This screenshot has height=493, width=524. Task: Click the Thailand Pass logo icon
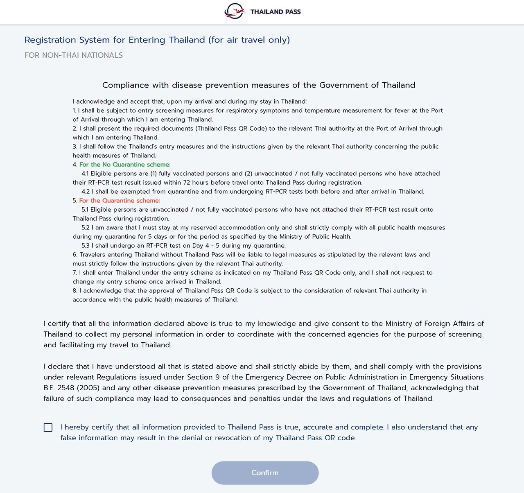pyautogui.click(x=235, y=11)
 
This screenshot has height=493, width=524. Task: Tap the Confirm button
pyautogui.click(x=265, y=473)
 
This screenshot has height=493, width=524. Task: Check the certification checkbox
pyautogui.click(x=48, y=427)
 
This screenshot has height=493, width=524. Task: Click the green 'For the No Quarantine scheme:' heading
pyautogui.click(x=125, y=165)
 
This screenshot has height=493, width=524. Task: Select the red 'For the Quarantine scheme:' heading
pyautogui.click(x=120, y=201)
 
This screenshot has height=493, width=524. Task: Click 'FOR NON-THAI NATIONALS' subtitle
pyautogui.click(x=74, y=55)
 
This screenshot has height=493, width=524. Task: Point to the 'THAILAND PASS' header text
pyautogui.click(x=276, y=12)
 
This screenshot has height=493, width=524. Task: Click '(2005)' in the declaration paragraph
pyautogui.click(x=88, y=388)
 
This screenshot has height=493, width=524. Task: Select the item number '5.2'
pyautogui.click(x=86, y=228)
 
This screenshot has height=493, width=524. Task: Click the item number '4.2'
pyautogui.click(x=86, y=192)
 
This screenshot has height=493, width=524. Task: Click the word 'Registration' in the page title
pyautogui.click(x=50, y=40)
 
